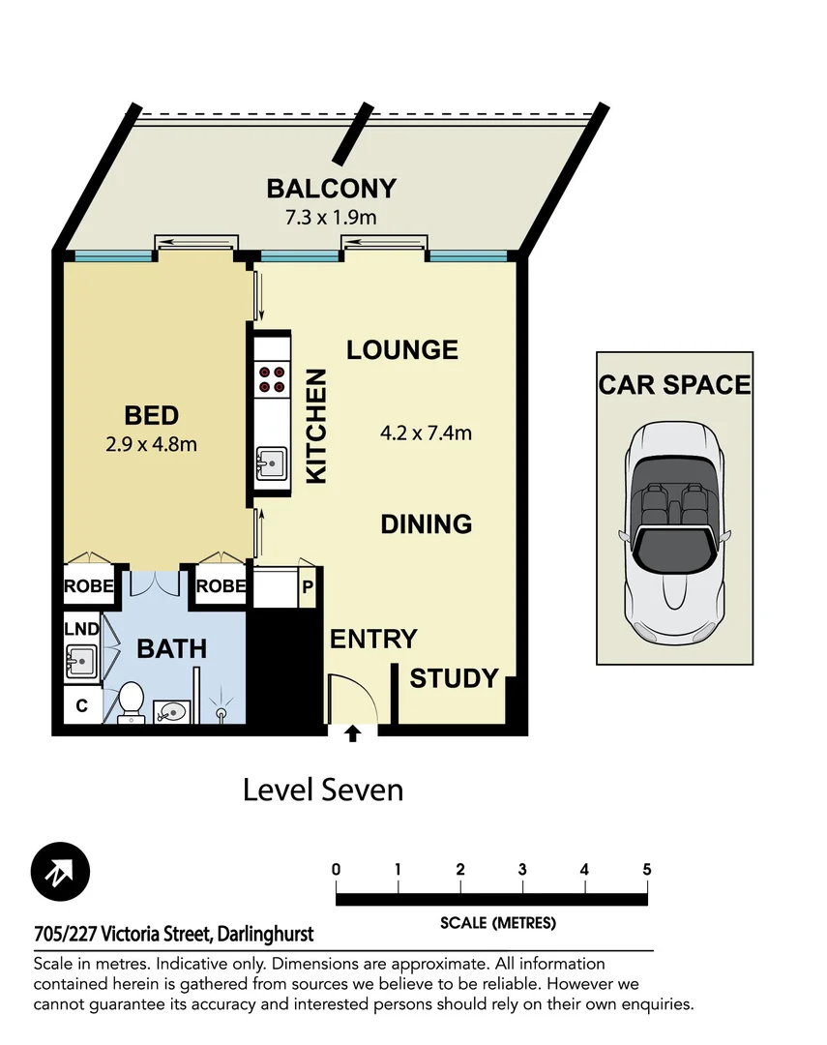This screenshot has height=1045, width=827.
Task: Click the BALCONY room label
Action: tap(332, 188)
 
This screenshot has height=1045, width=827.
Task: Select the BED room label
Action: tap(152, 416)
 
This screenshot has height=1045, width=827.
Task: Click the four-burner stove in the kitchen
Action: tap(272, 378)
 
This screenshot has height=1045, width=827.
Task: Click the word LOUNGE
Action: tap(402, 349)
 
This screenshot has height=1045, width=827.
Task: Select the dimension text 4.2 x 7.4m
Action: tap(427, 433)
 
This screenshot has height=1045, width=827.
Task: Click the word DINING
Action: tap(426, 523)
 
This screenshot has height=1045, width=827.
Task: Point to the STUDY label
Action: tap(454, 678)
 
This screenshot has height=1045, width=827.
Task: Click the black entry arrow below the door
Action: tap(353, 733)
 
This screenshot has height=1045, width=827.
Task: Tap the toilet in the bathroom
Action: tap(131, 702)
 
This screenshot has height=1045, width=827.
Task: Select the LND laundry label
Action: tap(81, 629)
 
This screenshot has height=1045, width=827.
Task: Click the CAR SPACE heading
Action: tap(674, 384)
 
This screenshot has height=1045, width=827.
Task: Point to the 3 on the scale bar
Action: tap(522, 869)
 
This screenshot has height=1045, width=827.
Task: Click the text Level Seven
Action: tap(322, 790)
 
